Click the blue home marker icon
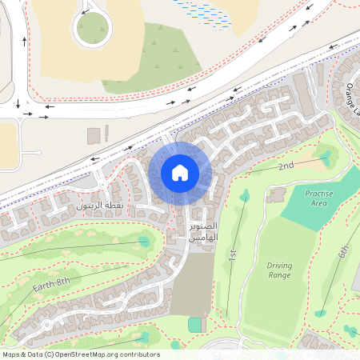point(179,172)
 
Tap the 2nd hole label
point(286,166)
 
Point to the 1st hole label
point(233,255)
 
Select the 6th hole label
point(343,251)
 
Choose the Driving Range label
point(279,270)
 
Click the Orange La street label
point(351,101)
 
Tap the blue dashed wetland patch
point(200,9)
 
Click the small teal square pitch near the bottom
point(196,325)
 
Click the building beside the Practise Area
point(277,195)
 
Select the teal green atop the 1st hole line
point(244,195)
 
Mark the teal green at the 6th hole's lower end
point(320,313)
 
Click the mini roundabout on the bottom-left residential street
point(47,323)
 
